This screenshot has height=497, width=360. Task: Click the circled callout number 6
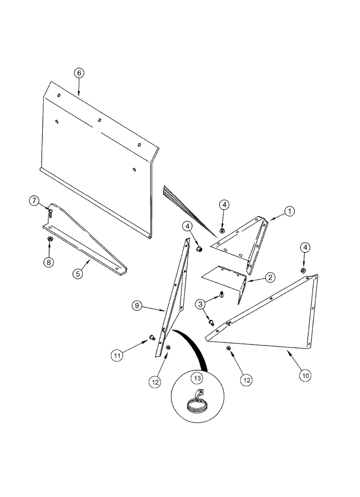point(79,73)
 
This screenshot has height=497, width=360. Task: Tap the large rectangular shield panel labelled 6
point(99,149)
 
